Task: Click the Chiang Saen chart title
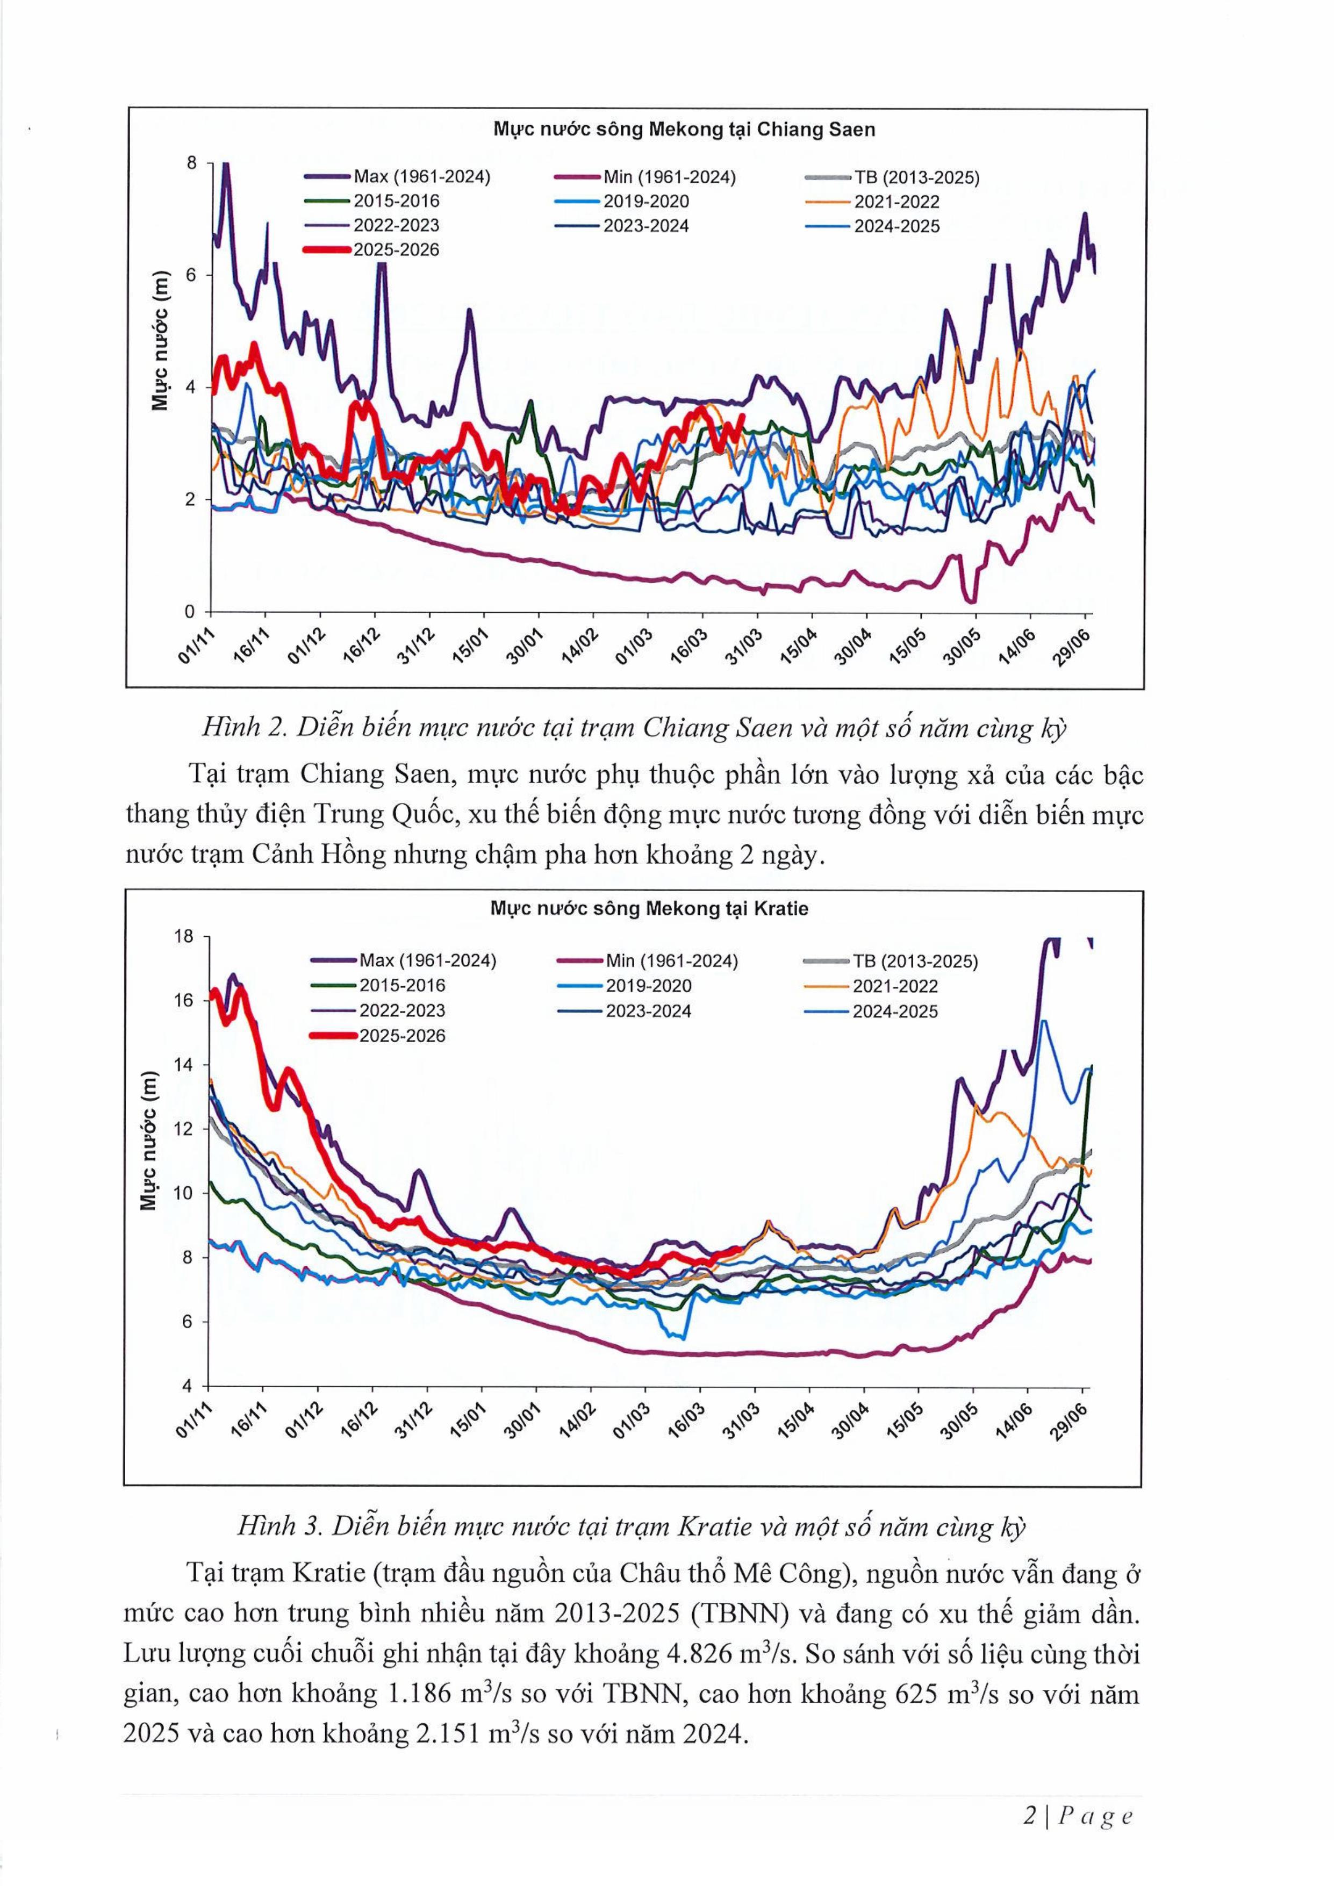coord(684,130)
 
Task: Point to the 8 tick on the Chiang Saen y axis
coord(192,163)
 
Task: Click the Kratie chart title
coord(649,909)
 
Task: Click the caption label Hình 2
coord(244,728)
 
